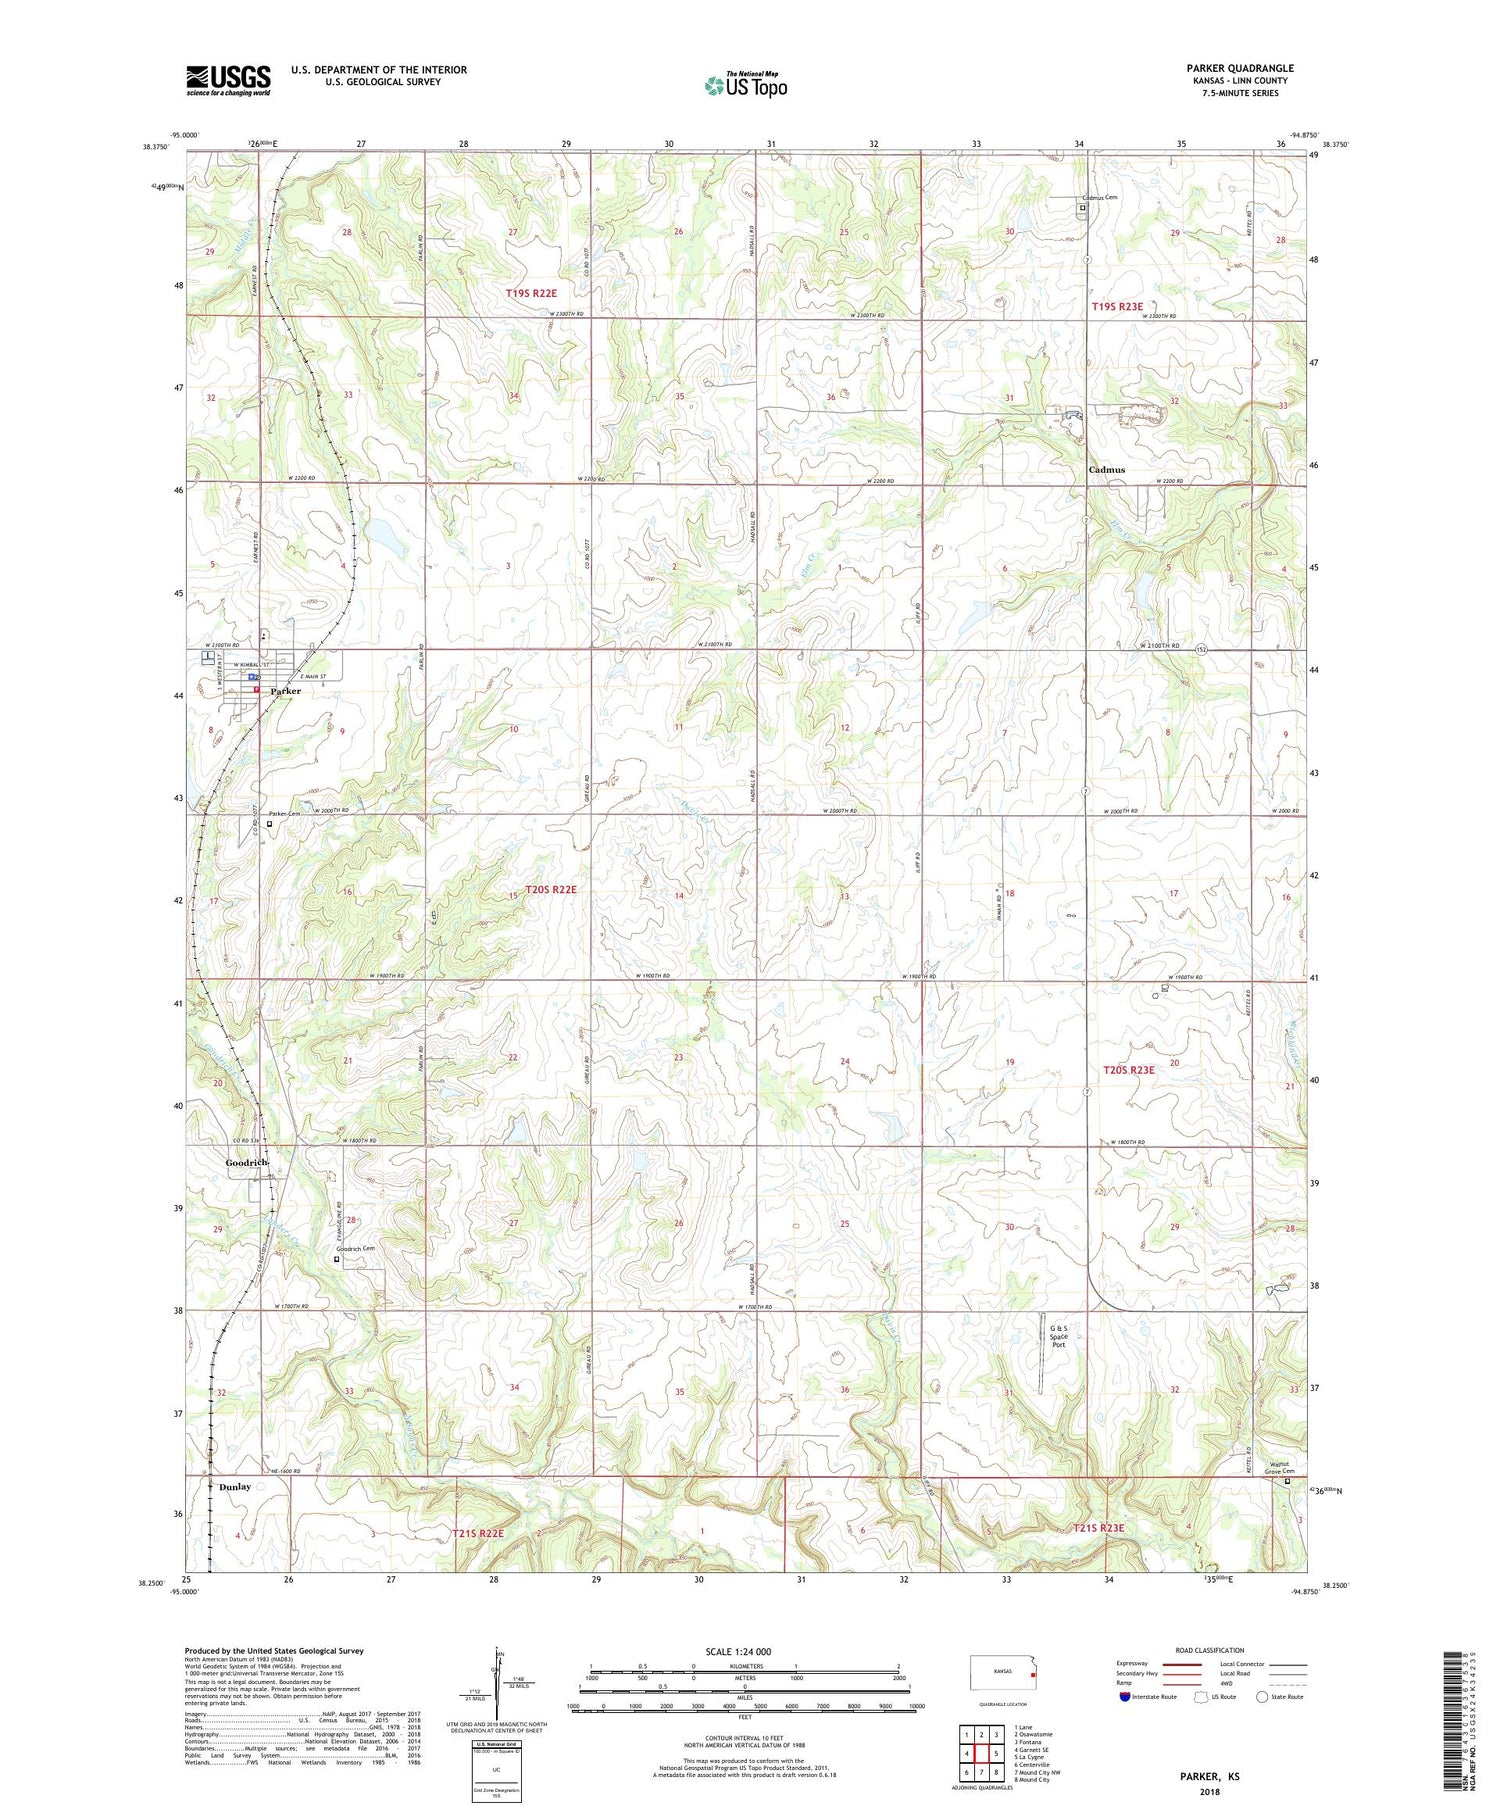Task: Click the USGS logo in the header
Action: pyautogui.click(x=228, y=80)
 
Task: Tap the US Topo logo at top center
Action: pyautogui.click(x=745, y=85)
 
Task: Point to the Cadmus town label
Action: pyautogui.click(x=1106, y=469)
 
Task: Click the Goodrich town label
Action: pyautogui.click(x=246, y=1163)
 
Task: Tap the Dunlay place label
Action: pyautogui.click(x=235, y=1487)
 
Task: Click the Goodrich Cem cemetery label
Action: pyautogui.click(x=355, y=1249)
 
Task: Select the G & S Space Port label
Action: pyautogui.click(x=1058, y=1336)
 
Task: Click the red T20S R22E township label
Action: pyautogui.click(x=551, y=889)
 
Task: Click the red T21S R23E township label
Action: pyautogui.click(x=1098, y=1528)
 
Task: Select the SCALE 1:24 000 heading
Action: pyautogui.click(x=744, y=1651)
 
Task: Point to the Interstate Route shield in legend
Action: pyautogui.click(x=1125, y=1697)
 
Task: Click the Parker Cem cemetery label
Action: pyautogui.click(x=284, y=814)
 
